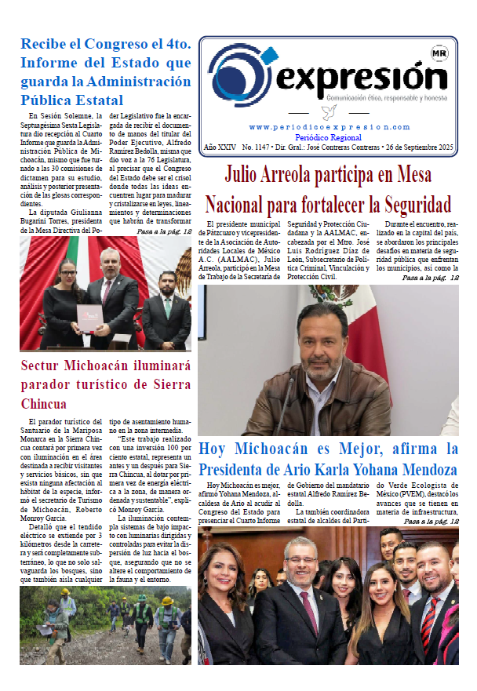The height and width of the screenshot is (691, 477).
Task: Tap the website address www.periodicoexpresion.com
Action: click(x=329, y=127)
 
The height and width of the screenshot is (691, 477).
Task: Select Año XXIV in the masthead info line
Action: click(x=220, y=147)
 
